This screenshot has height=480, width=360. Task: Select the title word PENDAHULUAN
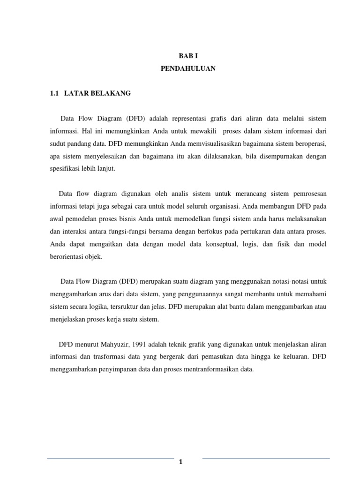[x=188, y=68]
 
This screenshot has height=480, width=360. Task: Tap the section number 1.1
[x=55, y=93]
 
